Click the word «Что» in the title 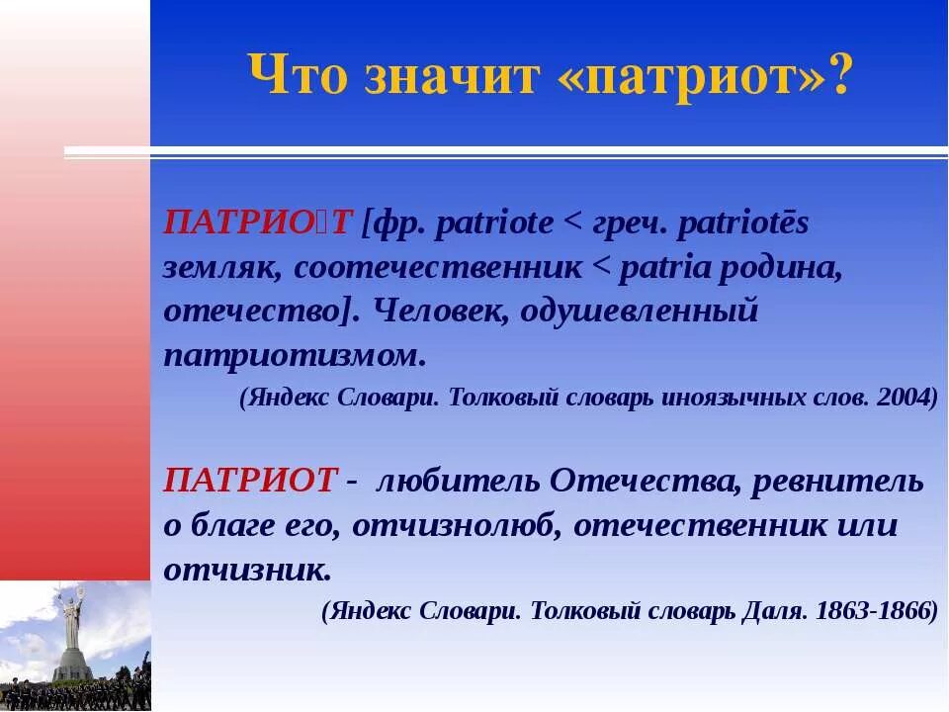pos(298,76)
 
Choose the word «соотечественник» pos(437,268)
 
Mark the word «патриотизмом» pos(295,355)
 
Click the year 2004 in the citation pos(907,398)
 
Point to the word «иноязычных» pos(750,398)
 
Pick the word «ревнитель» pos(837,482)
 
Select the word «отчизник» pos(247,570)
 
